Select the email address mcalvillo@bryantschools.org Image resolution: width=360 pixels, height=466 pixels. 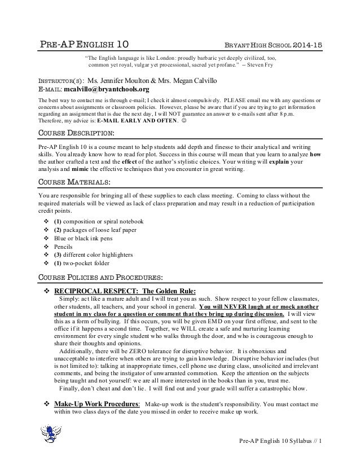coord(107,89)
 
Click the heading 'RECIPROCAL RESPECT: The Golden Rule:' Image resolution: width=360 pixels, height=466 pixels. coord(125,290)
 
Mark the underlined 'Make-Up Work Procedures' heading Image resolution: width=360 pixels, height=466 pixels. coord(96,405)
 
